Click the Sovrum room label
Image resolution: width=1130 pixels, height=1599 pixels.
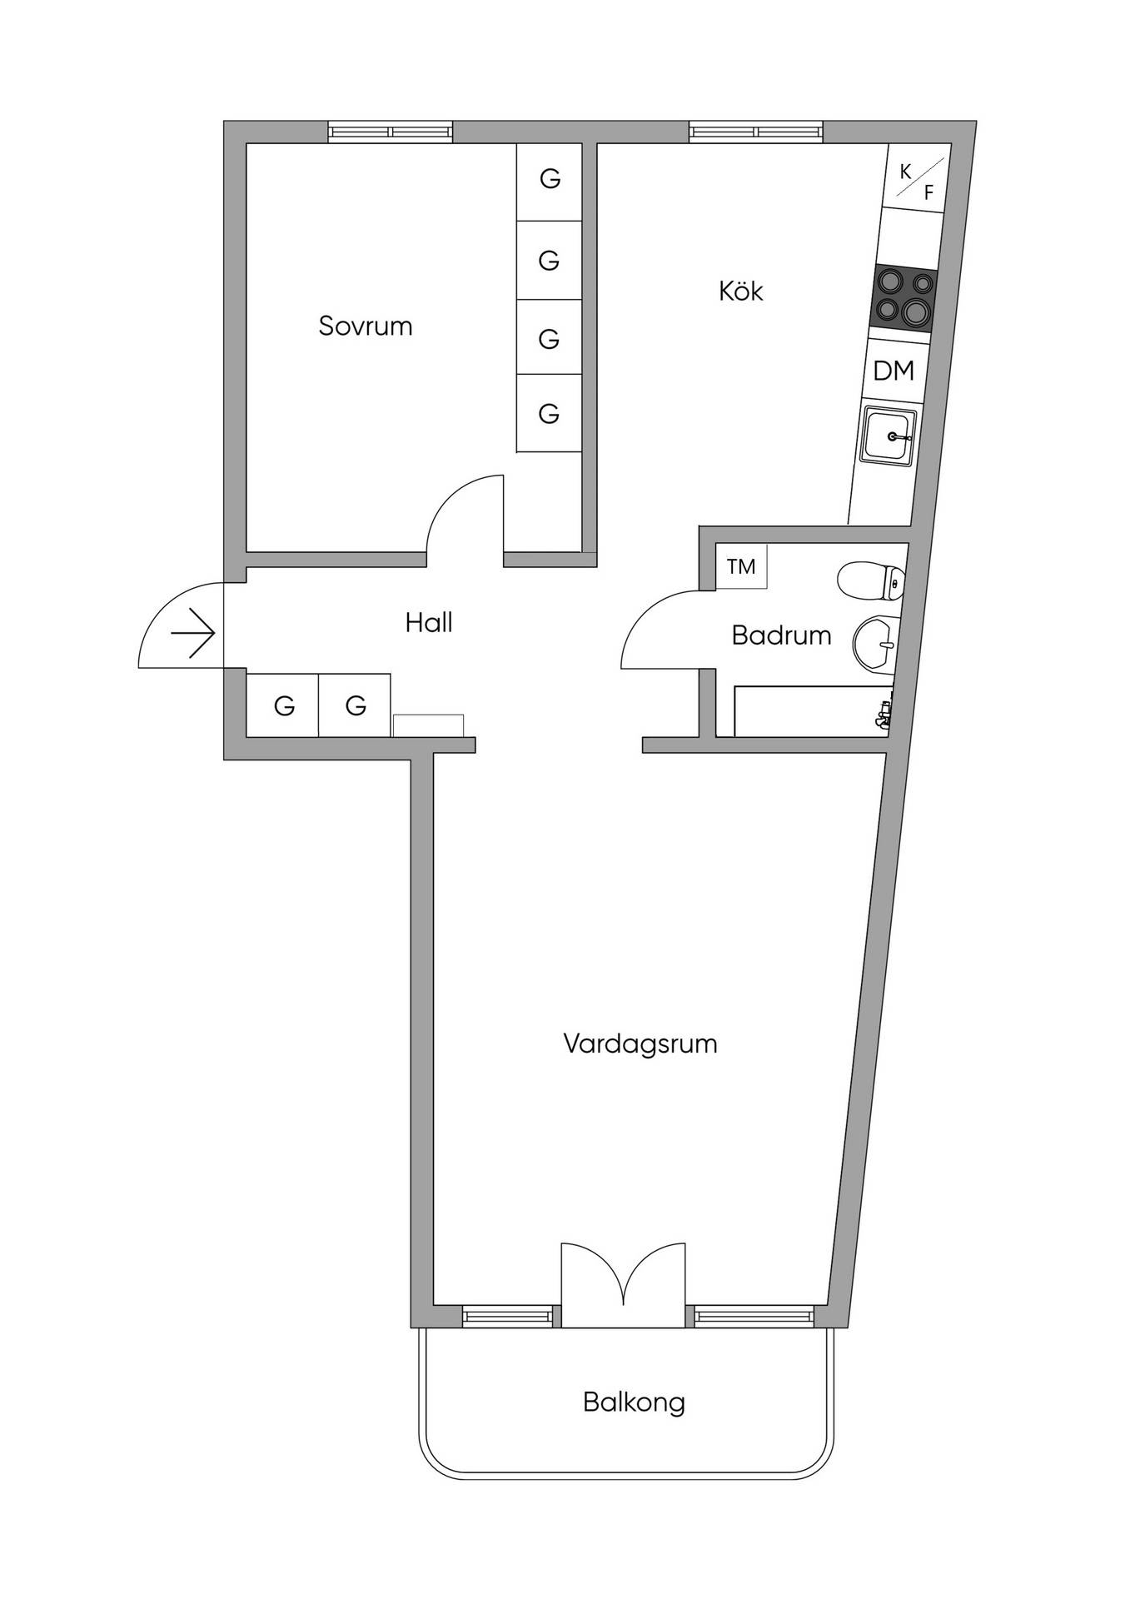(x=366, y=326)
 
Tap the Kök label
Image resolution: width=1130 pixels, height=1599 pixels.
(x=740, y=291)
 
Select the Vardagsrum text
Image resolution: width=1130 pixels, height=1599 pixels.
(x=640, y=1044)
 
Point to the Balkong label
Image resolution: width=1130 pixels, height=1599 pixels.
(x=634, y=1402)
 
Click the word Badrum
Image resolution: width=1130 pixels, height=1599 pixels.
(x=781, y=635)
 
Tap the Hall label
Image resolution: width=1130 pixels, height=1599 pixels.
(x=429, y=622)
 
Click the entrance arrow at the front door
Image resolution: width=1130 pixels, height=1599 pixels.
(x=193, y=634)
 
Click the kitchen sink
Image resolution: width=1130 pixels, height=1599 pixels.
(x=889, y=436)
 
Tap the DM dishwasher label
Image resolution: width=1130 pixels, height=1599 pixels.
(x=894, y=371)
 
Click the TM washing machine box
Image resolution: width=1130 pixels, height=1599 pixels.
(x=741, y=566)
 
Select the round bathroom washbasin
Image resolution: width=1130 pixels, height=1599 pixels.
(x=876, y=643)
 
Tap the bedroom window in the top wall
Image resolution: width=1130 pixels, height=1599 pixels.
(x=390, y=132)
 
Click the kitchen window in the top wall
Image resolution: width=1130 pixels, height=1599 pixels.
(x=756, y=132)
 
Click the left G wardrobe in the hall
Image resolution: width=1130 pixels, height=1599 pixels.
(x=283, y=705)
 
